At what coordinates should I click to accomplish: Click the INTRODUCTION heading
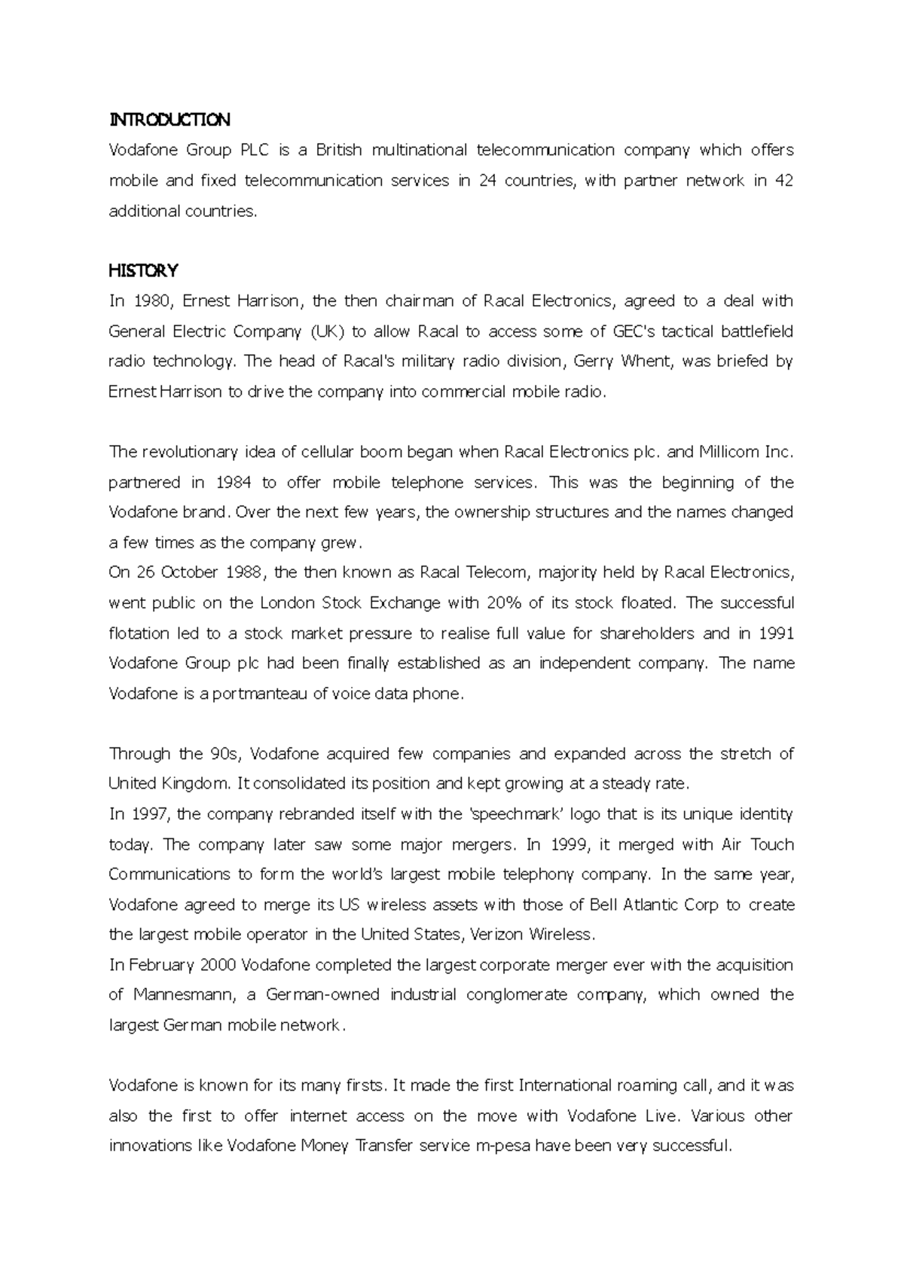pos(169,120)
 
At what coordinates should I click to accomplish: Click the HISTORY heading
pos(143,270)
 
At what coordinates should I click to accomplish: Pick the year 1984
pos(233,482)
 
